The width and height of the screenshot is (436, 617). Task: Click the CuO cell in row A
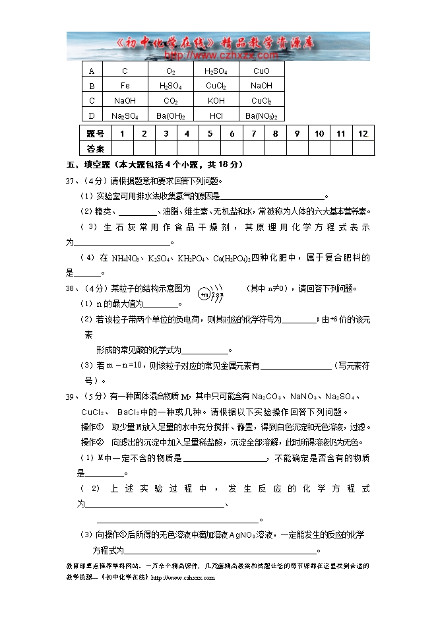pos(261,71)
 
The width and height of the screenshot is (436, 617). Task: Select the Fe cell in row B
pos(125,86)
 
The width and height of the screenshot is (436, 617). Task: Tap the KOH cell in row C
pos(216,101)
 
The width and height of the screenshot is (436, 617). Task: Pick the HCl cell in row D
pos(216,116)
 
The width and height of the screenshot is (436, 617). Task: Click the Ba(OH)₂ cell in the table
pos(170,116)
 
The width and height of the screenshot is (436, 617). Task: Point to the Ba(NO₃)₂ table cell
pos(261,116)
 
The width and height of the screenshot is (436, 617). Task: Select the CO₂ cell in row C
pos(170,101)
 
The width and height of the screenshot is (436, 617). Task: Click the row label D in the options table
pos(92,116)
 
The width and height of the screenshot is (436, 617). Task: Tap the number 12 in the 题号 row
pos(363,133)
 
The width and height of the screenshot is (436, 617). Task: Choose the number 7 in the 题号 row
pos(253,133)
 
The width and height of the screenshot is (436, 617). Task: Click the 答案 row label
pos(96,148)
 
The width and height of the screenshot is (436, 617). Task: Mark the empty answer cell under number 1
pos(122,148)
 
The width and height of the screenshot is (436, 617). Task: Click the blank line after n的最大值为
pos(161,304)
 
